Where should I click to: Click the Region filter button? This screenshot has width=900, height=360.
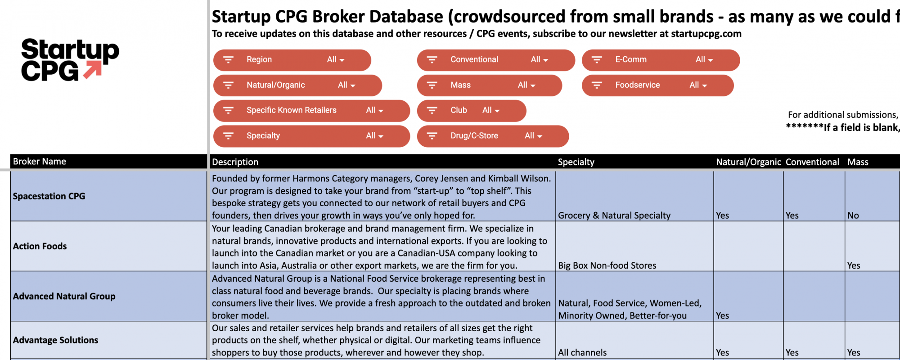pyautogui.click(x=292, y=60)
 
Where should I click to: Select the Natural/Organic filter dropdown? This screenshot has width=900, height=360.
pyautogui.click(x=297, y=85)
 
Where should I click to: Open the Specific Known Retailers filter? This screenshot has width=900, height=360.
pyautogui.click(x=311, y=110)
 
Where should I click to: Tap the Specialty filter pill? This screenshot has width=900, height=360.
pyautogui.click(x=311, y=136)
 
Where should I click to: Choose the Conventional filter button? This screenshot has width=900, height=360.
pyautogui.click(x=495, y=60)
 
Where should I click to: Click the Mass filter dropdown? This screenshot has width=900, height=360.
pyautogui.click(x=489, y=85)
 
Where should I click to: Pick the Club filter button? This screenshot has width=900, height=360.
pyautogui.click(x=471, y=110)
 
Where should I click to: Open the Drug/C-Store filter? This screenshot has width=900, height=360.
pyautogui.click(x=492, y=136)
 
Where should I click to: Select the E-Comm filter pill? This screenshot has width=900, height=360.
pyautogui.click(x=660, y=60)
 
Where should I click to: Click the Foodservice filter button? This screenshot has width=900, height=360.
pyautogui.click(x=657, y=85)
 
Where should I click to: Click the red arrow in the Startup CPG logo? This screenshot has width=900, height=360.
pyautogui.click(x=92, y=70)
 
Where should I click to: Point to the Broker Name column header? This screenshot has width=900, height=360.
pyautogui.click(x=40, y=162)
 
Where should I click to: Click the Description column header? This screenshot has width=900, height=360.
pyautogui.click(x=235, y=162)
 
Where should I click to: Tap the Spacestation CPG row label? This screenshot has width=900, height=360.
pyautogui.click(x=49, y=196)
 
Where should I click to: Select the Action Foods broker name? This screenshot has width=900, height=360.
pyautogui.click(x=40, y=246)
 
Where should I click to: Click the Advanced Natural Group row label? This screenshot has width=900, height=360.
pyautogui.click(x=64, y=296)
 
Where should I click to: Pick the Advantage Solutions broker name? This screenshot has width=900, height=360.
pyautogui.click(x=55, y=340)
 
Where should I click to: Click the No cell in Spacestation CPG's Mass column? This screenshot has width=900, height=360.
pyautogui.click(x=853, y=216)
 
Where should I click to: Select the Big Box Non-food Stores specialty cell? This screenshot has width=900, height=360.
pyautogui.click(x=607, y=265)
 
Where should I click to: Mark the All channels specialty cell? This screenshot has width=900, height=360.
pyautogui.click(x=582, y=352)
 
